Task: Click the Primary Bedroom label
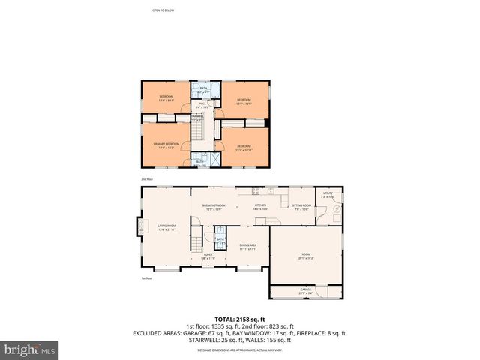[166, 145]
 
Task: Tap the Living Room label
[166, 226]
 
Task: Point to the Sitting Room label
[301, 206]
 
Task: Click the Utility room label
[328, 195]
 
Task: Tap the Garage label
[306, 290]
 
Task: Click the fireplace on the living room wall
[138, 226]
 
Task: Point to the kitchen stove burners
[256, 190]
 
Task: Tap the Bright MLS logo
[30, 349]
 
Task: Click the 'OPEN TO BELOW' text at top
[163, 10]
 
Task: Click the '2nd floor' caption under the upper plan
[147, 180]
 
